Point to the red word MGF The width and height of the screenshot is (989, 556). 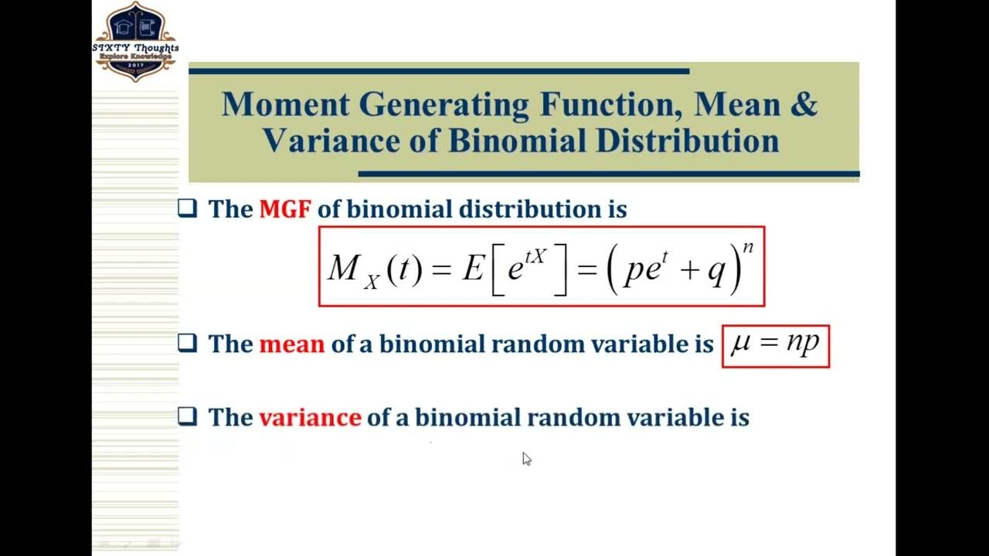click(284, 209)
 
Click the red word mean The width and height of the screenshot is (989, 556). click(291, 344)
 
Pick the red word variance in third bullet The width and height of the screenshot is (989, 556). click(310, 418)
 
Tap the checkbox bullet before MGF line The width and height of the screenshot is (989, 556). click(188, 208)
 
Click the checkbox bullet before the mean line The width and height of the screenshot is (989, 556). click(188, 343)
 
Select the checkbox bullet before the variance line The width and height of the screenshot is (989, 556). click(188, 417)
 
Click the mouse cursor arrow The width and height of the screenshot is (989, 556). click(526, 459)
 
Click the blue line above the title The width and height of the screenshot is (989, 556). click(438, 71)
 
